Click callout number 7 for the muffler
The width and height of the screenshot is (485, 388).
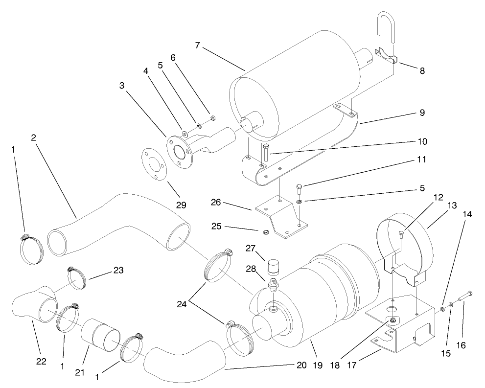[197, 45]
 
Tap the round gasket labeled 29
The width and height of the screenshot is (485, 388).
[153, 165]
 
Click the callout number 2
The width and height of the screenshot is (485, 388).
[33, 137]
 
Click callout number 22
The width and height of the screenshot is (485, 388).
[41, 361]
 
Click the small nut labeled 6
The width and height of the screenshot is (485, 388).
[212, 117]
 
